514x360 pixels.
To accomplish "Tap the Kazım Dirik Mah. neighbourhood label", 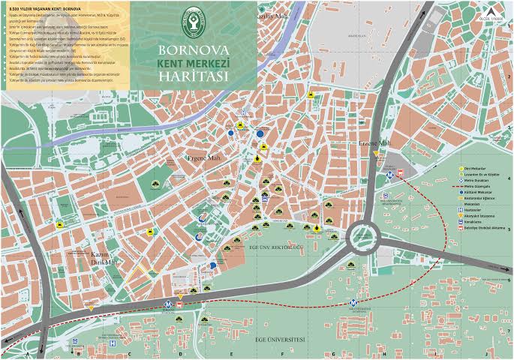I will (101, 258).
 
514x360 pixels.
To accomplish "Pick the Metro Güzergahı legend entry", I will (478, 186).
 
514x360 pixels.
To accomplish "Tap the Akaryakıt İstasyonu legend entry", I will (478, 216).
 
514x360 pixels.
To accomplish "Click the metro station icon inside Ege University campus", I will (353, 304).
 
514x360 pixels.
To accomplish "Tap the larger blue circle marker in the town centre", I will (260, 133).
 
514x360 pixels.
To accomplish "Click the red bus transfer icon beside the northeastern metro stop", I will (400, 172).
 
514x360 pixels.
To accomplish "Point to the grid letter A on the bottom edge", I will (27, 353).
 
